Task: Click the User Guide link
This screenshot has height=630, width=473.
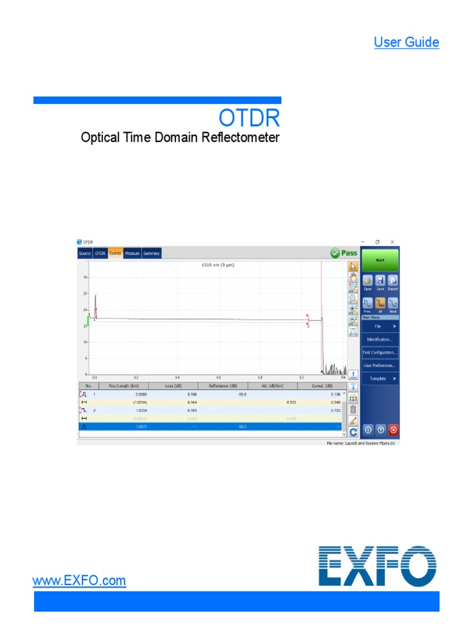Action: (406, 42)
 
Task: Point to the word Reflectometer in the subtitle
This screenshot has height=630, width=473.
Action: (242, 137)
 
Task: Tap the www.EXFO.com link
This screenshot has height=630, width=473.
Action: (79, 580)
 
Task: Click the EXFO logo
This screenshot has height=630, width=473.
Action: (377, 565)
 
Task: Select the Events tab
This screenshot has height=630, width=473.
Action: (115, 253)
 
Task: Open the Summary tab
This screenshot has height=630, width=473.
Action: (152, 253)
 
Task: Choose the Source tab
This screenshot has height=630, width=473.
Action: (85, 253)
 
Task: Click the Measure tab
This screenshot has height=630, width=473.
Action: (132, 253)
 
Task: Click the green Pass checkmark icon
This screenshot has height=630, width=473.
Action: (335, 253)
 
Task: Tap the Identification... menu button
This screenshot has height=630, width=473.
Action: (379, 339)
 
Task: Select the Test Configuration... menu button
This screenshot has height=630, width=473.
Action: (379, 353)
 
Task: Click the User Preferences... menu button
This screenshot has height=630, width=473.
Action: (379, 365)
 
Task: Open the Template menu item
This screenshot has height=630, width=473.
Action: (379, 379)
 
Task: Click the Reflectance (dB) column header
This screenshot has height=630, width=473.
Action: (223, 386)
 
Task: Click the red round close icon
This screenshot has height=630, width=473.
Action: (394, 430)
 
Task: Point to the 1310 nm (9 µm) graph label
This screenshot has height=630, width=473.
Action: (219, 265)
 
